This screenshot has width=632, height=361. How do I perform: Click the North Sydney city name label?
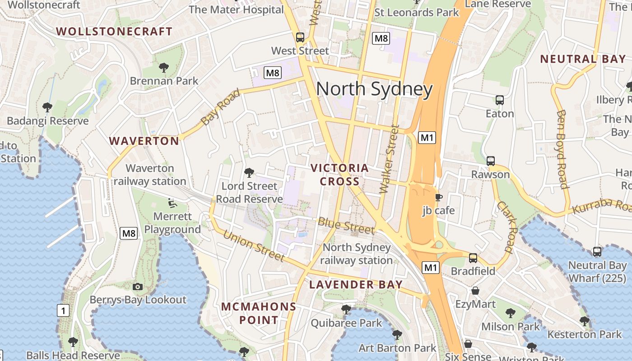point(374,89)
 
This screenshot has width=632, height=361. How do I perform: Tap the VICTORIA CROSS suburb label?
point(340,175)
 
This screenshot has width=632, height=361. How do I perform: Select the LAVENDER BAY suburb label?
point(356,285)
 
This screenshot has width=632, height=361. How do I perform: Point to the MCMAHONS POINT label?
point(259,314)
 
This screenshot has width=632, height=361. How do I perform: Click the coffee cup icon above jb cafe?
point(438,197)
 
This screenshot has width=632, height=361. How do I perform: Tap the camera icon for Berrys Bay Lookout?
point(138,287)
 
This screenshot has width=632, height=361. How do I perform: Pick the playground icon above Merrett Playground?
point(172,203)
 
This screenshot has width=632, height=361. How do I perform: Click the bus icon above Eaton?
point(500,100)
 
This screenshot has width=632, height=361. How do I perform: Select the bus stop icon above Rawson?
point(491,161)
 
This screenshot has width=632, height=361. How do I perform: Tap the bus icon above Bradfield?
point(473,258)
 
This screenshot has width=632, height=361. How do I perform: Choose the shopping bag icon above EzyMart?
point(475,291)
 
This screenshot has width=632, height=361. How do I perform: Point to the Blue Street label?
point(346,225)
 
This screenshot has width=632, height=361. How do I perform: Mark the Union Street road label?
point(254,246)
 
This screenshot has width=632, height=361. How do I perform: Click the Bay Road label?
point(221,107)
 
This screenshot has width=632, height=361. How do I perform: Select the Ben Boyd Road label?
point(562,149)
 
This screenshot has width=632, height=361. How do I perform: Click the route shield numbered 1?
point(64,310)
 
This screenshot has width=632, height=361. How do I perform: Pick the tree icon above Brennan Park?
point(164,68)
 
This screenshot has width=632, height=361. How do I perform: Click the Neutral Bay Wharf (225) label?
point(597,272)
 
